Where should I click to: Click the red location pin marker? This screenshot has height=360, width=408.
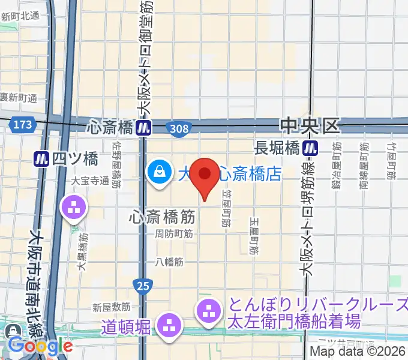[x=206, y=176]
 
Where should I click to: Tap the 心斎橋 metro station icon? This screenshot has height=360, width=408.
[x=143, y=127]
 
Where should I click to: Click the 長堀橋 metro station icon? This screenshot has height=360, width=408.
[x=310, y=147]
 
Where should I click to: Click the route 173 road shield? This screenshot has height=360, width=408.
[x=22, y=124]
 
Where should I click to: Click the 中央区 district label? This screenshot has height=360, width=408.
[x=310, y=126]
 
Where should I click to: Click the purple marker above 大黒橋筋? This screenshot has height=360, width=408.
[x=74, y=208]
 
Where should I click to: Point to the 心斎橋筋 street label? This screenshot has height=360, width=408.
[x=161, y=217]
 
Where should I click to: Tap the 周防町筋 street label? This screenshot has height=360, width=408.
[x=174, y=234]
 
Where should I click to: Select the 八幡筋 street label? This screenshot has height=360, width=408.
[x=170, y=262]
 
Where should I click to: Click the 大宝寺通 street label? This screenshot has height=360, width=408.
[x=88, y=179]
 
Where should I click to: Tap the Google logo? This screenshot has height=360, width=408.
[x=40, y=346]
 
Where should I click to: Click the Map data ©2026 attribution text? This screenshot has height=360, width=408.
[x=358, y=352]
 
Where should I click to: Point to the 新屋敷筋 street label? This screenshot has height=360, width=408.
[x=112, y=307]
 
